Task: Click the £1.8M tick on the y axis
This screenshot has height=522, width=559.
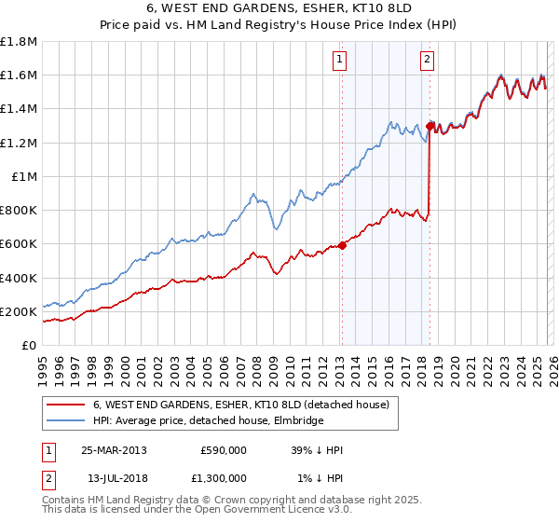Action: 19,41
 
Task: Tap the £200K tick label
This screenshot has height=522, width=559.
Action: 19,311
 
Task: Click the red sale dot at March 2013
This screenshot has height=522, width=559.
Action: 342,246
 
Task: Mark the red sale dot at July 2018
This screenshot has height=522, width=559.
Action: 429,125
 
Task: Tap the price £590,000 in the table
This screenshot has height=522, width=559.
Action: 224,450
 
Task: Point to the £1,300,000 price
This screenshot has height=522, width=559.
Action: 218,478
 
